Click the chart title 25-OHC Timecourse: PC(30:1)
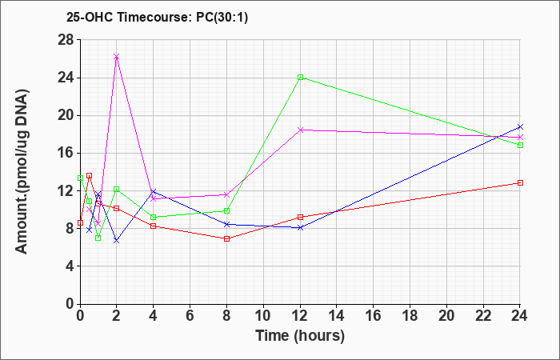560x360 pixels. [157, 17]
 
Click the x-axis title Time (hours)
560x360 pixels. [300, 336]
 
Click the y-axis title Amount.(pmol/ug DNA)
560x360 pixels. [22, 171]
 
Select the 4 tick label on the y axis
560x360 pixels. [70, 266]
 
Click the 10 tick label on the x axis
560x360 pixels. [263, 316]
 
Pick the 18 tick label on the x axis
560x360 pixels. [410, 316]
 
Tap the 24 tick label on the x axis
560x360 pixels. [520, 316]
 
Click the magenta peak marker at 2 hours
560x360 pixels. [117, 57]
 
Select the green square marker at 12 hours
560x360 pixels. [300, 77]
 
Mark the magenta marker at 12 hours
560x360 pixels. [300, 130]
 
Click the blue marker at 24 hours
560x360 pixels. [520, 126]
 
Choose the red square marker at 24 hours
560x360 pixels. [520, 183]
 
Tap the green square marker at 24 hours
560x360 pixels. [520, 146]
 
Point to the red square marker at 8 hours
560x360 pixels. [226, 239]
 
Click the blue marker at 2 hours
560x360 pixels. [117, 241]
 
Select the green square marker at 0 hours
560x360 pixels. [80, 178]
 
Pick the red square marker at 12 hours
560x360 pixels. [300, 217]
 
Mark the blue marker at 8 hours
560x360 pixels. [226, 224]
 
